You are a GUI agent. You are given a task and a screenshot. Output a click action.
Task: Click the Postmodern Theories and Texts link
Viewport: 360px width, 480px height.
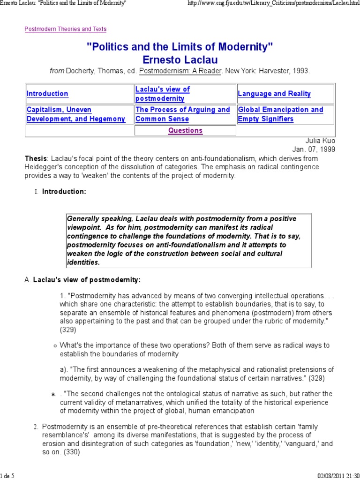pyautogui.click(x=65, y=29)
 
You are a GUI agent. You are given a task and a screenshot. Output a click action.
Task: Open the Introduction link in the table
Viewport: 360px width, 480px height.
pyautogui.click(x=47, y=94)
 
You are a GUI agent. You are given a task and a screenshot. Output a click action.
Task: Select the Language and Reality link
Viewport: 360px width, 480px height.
pyautogui.click(x=274, y=94)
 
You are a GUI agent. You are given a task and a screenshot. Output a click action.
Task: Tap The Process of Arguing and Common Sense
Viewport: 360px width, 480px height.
pyautogui.click(x=182, y=114)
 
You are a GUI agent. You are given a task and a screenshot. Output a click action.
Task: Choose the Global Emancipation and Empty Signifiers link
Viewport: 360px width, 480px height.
pyautogui.click(x=280, y=114)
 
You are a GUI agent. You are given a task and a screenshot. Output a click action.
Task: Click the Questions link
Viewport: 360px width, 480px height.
pyautogui.click(x=186, y=131)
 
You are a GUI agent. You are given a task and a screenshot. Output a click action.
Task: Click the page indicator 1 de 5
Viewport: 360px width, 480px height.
pyautogui.click(x=7, y=475)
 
